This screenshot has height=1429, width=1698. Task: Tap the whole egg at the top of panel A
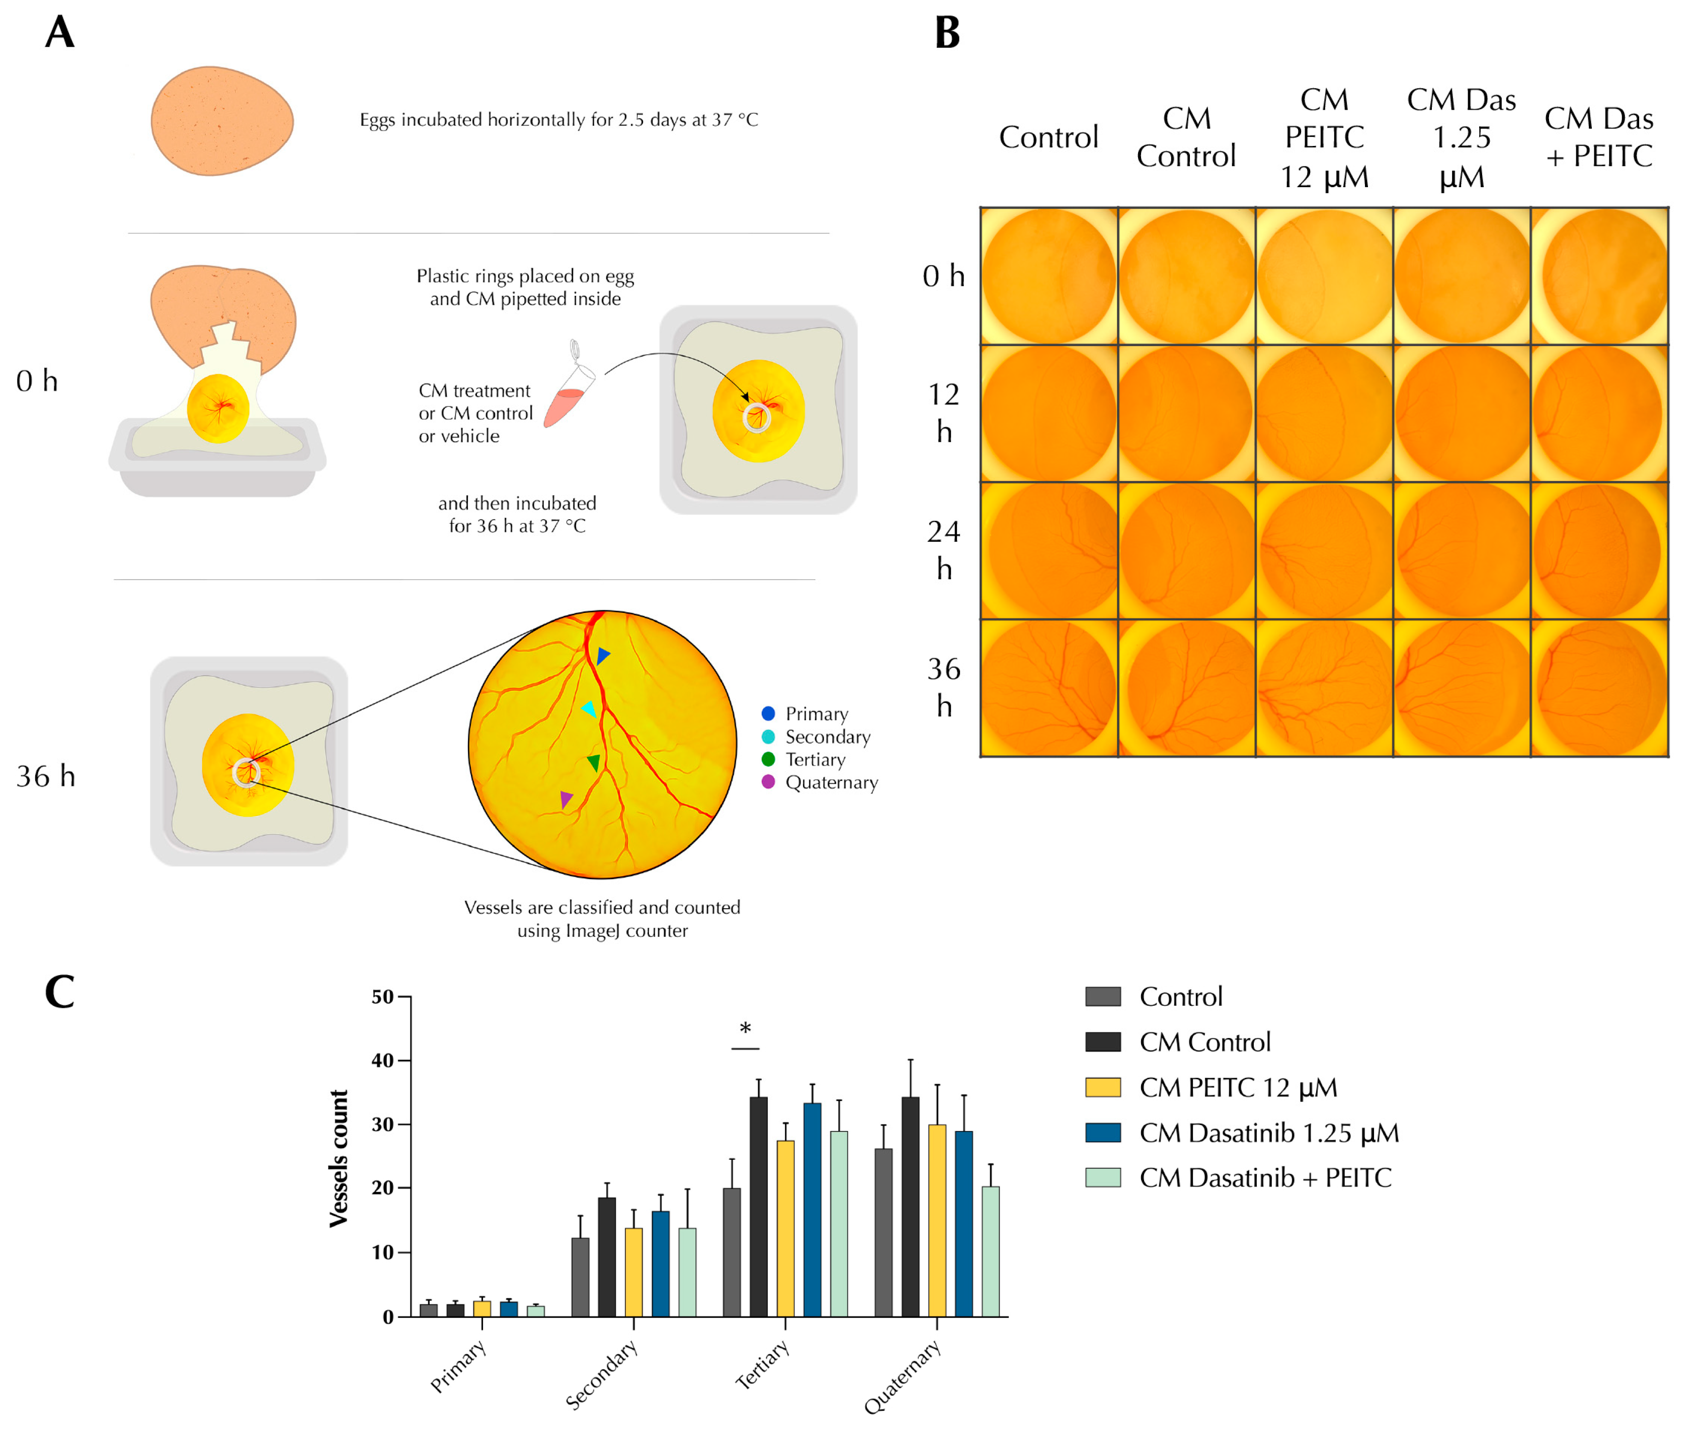click(x=222, y=121)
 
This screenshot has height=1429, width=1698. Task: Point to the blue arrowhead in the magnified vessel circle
click(x=603, y=655)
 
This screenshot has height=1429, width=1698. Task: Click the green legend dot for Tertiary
click(x=768, y=759)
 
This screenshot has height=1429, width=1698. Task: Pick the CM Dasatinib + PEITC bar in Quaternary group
click(x=990, y=1251)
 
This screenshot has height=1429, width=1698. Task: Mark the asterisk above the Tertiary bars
click(x=745, y=1029)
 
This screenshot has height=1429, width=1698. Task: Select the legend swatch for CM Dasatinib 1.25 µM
click(x=1102, y=1132)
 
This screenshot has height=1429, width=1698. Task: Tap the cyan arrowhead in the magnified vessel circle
click(x=590, y=709)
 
